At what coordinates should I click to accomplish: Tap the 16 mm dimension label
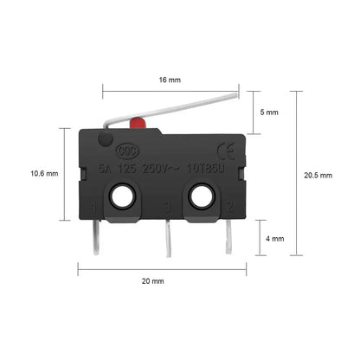coord(170,79)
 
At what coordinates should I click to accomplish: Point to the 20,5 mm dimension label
coord(317,174)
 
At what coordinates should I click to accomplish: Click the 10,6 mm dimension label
coord(43,173)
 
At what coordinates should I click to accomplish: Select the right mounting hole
coord(205,199)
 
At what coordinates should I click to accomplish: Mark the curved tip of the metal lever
coord(232,98)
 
